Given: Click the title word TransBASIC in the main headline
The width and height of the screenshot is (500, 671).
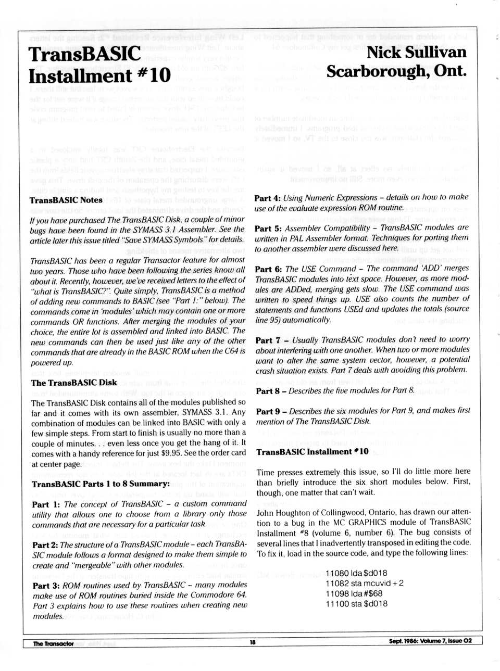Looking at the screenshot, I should click(84, 54).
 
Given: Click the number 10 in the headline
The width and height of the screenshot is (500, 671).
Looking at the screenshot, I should click(160, 76).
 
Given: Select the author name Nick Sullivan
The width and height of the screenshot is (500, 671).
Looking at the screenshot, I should click(416, 52).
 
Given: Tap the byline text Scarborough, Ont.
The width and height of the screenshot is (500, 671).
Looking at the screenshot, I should click(396, 71).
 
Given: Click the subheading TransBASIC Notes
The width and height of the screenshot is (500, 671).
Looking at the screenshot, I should click(66, 200).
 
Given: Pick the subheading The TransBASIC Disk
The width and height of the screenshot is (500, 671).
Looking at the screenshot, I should click(74, 383).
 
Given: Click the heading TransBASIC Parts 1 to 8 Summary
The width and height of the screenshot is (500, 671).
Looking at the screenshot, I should click(101, 484).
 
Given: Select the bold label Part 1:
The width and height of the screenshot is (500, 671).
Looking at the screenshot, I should click(41, 504).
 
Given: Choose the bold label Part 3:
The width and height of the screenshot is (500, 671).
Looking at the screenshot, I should click(41, 586).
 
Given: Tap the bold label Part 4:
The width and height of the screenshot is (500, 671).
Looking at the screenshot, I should click(267, 198).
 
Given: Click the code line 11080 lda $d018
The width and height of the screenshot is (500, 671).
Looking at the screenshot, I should click(356, 573).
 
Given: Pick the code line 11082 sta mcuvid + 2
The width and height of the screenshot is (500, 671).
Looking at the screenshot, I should click(364, 584).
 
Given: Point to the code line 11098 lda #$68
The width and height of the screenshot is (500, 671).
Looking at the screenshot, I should click(354, 593).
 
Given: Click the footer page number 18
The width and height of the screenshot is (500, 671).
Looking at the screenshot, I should click(253, 642).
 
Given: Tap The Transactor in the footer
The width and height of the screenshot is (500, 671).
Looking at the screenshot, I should click(53, 643).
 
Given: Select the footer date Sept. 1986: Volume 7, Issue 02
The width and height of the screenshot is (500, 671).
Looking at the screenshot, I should click(430, 641).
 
